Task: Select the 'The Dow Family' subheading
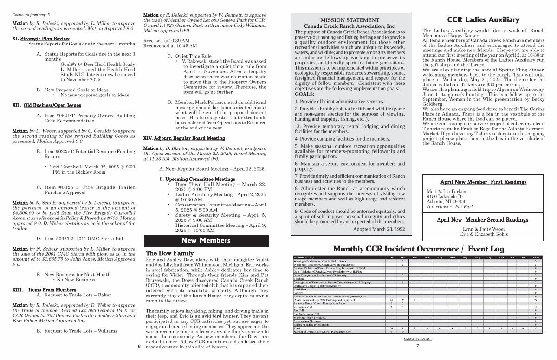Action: [x=169, y=253]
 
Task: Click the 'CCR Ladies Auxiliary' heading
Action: [x=483, y=20]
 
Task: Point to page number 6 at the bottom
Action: [x=139, y=346]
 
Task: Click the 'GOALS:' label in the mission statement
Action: [x=304, y=94]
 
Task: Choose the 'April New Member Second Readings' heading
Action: [x=482, y=220]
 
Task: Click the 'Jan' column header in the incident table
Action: [x=391, y=257]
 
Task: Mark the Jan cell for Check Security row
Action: [x=391, y=300]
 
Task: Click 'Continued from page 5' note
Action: [x=31, y=15]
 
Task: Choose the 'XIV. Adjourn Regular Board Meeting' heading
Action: [x=184, y=138]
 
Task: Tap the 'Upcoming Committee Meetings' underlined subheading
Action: [x=200, y=179]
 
